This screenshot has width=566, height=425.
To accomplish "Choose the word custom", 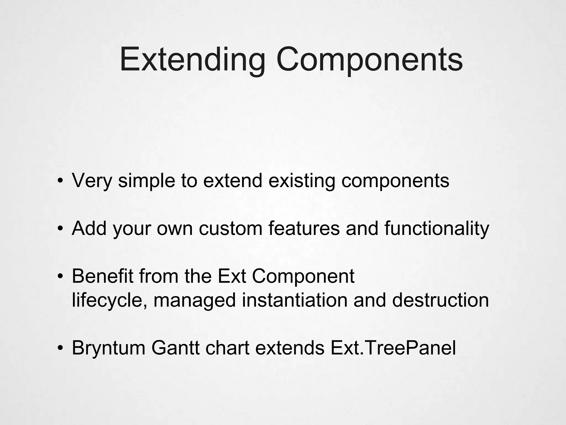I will tap(230, 229).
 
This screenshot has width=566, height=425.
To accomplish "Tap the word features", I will tap(304, 229).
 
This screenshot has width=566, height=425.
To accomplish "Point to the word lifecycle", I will tap(109, 300).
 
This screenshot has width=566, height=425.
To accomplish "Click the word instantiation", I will tap(295, 300).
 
